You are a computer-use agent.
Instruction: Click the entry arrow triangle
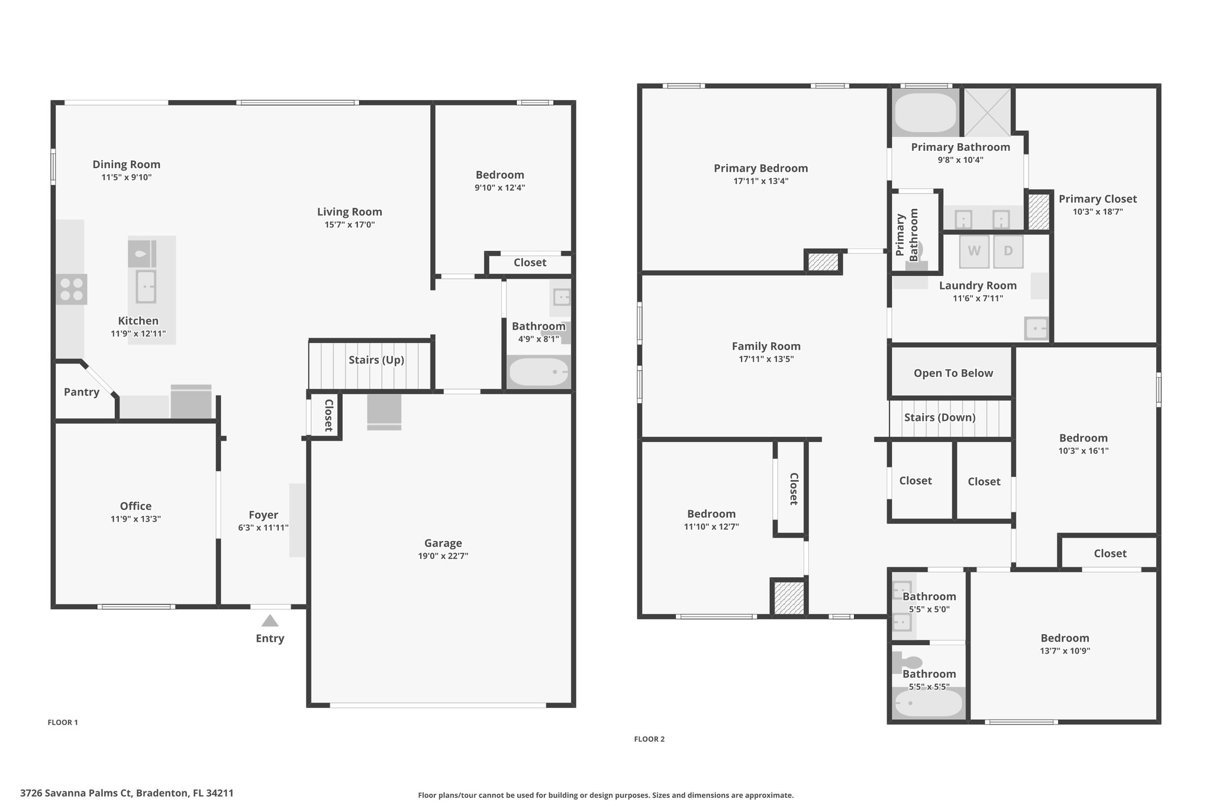coord(270,620)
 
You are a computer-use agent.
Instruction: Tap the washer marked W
coord(974,250)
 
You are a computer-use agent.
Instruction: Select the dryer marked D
coord(1008,250)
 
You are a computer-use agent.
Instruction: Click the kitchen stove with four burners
coord(72,289)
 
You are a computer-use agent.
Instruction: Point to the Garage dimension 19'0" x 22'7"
coord(443,556)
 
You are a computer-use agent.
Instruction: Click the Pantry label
coord(82,392)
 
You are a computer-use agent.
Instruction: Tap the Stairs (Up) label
coord(376,360)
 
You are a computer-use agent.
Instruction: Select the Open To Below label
coord(953,373)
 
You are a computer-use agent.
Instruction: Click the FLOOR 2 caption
coord(649,739)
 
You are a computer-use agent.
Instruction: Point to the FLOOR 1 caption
coord(63,722)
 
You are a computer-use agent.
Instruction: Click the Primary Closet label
coord(1098,199)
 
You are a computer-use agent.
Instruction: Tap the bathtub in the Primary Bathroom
coord(925,112)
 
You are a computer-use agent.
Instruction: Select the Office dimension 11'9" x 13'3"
coord(136,519)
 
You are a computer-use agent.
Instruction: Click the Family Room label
coord(766,346)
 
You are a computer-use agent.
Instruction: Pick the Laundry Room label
coord(978,285)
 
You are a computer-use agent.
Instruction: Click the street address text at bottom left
coord(127,793)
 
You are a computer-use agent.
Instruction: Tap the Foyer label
coord(263,515)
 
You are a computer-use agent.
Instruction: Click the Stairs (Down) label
coord(940,417)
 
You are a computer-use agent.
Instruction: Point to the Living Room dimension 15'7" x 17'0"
coord(350,225)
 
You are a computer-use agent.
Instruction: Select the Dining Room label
coord(127,165)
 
